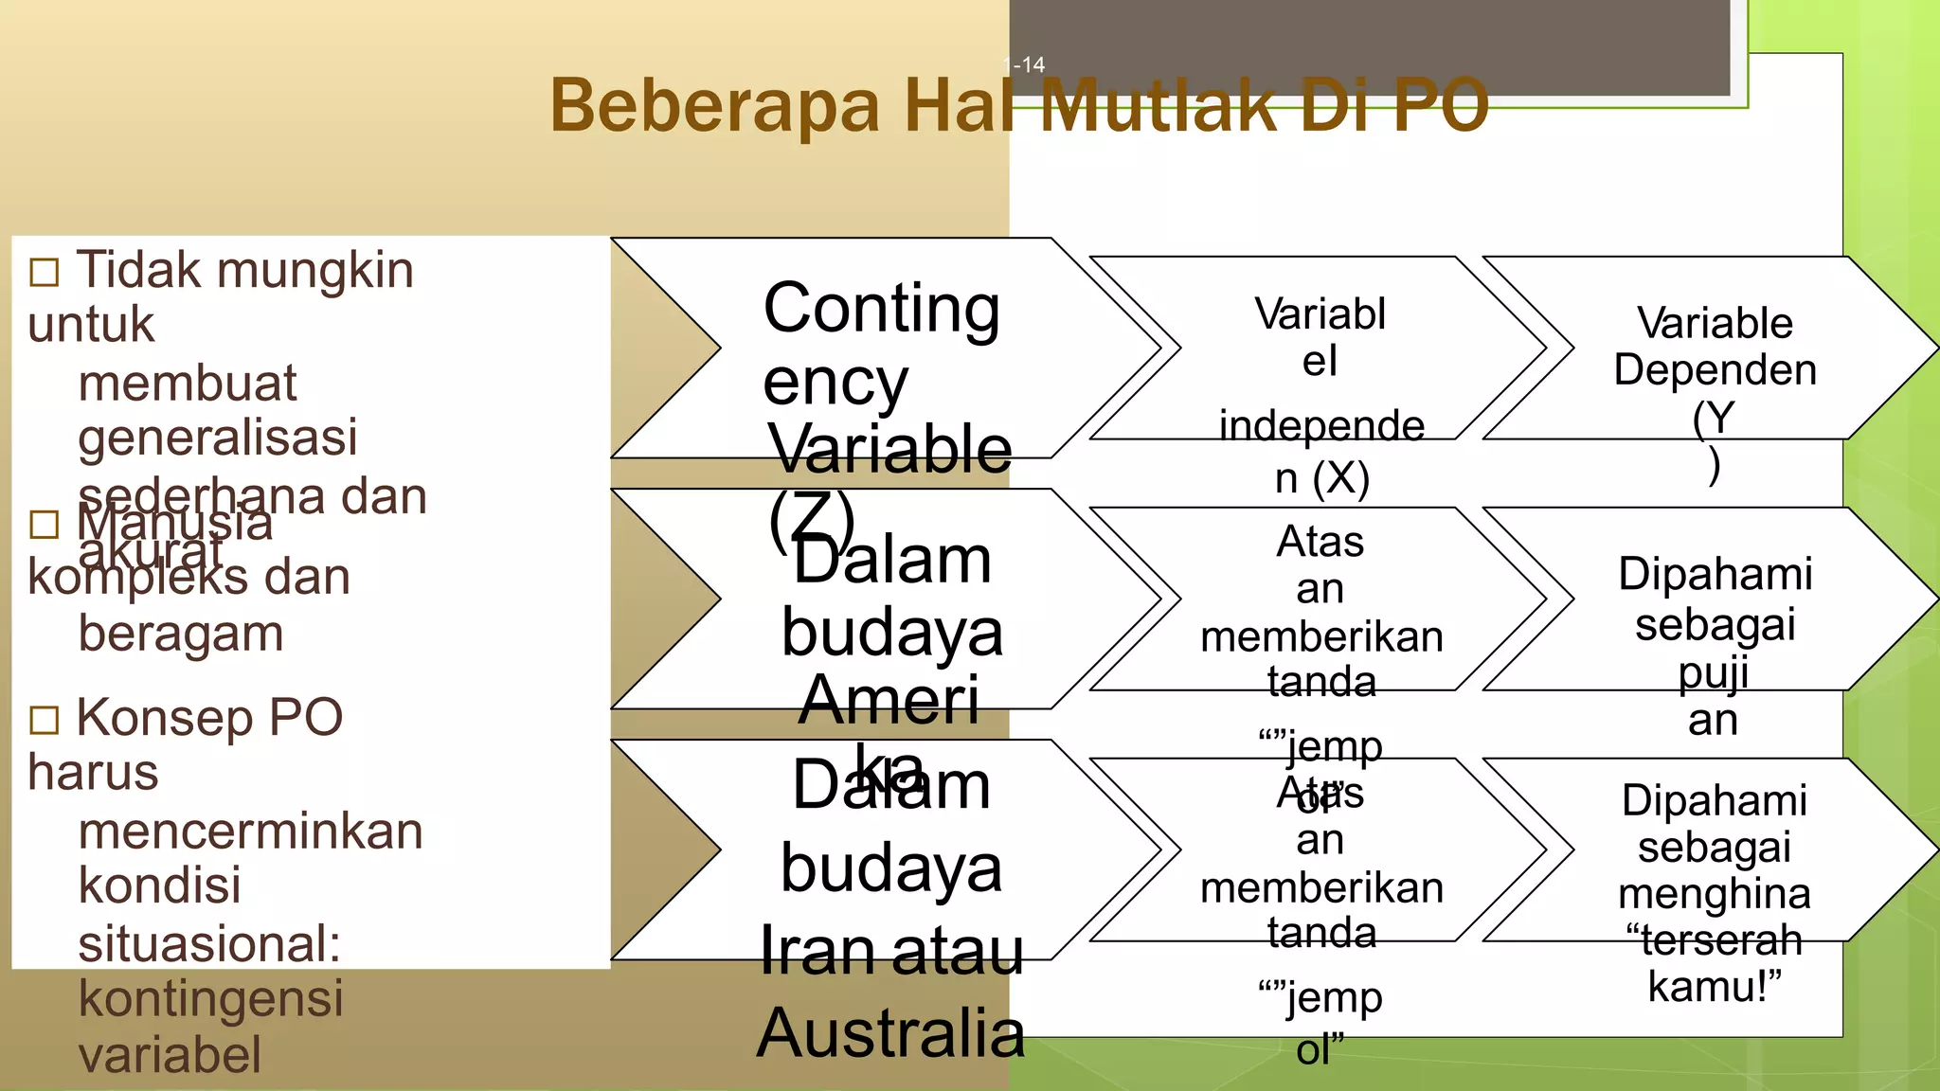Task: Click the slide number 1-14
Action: [1024, 65]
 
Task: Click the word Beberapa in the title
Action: [715, 105]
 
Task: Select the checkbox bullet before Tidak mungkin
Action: [45, 273]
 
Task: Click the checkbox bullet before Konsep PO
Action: [45, 720]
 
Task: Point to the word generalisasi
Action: [218, 438]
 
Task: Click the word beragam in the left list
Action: [181, 634]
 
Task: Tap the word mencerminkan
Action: [250, 832]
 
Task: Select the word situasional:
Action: [209, 943]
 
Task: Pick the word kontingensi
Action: [210, 998]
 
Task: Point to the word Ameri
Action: [889, 701]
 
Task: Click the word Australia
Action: [890, 1033]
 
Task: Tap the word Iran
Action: [817, 951]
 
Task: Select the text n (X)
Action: [1321, 477]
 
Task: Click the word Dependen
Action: [1715, 369]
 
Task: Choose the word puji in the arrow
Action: [1714, 673]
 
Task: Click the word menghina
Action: [1715, 893]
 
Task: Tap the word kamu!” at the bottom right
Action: [1715, 987]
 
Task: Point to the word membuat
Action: [188, 383]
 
